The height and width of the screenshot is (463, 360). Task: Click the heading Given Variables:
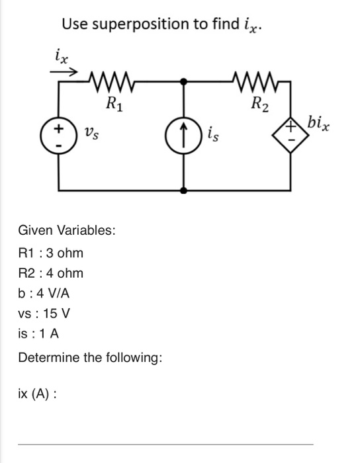point(67,231)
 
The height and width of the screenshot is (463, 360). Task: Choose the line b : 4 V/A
point(44,292)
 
